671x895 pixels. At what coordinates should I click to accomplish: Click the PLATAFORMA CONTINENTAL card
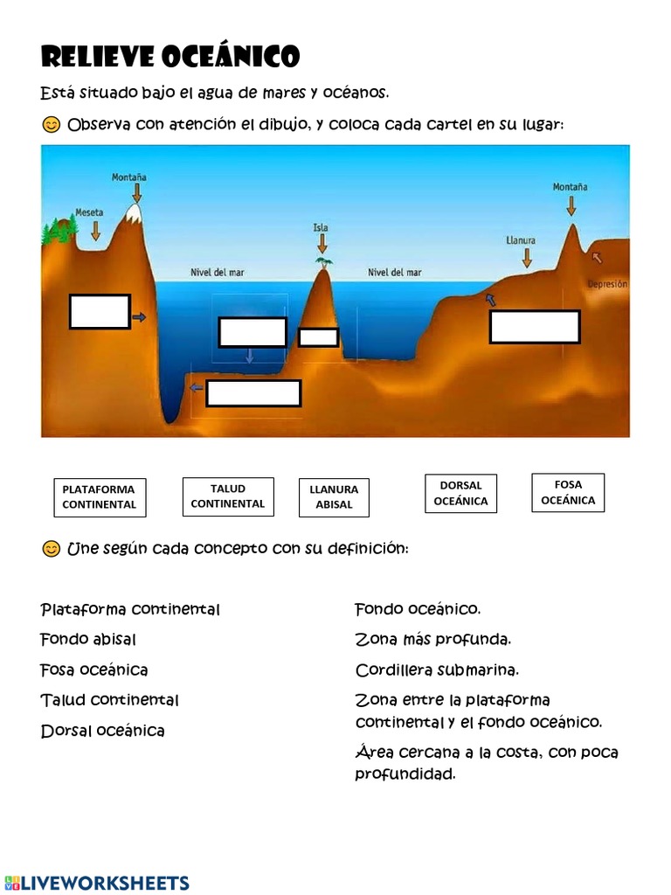[x=100, y=497]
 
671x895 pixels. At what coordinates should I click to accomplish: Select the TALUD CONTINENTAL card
[x=228, y=496]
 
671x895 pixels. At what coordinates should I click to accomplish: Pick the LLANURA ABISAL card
[x=334, y=497]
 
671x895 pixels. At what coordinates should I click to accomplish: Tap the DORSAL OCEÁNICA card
[x=460, y=493]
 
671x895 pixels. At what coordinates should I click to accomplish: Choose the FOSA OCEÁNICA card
[x=568, y=492]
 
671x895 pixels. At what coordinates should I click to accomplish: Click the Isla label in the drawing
[x=321, y=227]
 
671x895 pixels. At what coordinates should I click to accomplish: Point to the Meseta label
[x=90, y=212]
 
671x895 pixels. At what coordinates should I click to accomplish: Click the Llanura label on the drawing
[x=521, y=240]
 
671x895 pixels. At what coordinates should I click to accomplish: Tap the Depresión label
[x=608, y=284]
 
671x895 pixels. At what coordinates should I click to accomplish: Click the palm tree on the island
[x=324, y=262]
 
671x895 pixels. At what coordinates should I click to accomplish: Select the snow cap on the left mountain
[x=134, y=213]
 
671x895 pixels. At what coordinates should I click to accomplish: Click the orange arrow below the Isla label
[x=322, y=244]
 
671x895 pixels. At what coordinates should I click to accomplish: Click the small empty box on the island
[x=318, y=337]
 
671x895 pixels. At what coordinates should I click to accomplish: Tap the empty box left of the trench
[x=100, y=312]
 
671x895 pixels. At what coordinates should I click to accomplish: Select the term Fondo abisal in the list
[x=88, y=639]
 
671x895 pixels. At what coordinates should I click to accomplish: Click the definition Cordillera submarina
[x=437, y=670]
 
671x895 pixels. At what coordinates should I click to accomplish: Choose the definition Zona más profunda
[x=433, y=639]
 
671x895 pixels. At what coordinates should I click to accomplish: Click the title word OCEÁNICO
[x=231, y=57]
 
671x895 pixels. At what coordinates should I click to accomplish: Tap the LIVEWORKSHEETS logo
[x=96, y=883]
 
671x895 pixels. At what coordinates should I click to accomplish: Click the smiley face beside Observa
[x=52, y=124]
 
